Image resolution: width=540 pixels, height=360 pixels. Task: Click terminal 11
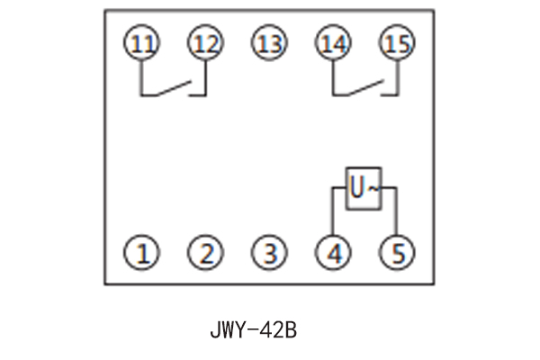[x=140, y=43]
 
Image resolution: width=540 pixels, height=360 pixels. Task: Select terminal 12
[x=204, y=43]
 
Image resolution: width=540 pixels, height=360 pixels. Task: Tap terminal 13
[x=268, y=43]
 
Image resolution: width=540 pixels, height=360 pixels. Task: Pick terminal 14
[x=333, y=43]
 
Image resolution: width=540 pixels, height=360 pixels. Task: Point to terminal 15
[x=396, y=43]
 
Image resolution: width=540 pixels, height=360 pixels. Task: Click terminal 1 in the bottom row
[x=140, y=253]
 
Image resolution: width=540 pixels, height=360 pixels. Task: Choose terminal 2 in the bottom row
[x=206, y=253]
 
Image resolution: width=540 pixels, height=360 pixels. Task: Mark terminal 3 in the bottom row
[x=268, y=253]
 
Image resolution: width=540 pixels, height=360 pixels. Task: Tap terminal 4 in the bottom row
[x=334, y=253]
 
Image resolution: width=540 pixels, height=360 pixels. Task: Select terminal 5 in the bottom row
[x=396, y=253]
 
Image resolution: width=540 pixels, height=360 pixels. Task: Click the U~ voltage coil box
[x=364, y=188]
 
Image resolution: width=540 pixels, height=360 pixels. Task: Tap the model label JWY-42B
[x=253, y=329]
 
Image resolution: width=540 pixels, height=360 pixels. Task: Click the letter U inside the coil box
[x=357, y=188]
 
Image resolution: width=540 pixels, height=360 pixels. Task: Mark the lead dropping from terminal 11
[x=140, y=77]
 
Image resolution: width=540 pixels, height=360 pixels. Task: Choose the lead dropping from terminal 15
[x=396, y=77]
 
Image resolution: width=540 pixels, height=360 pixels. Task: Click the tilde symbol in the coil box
[x=373, y=188]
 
